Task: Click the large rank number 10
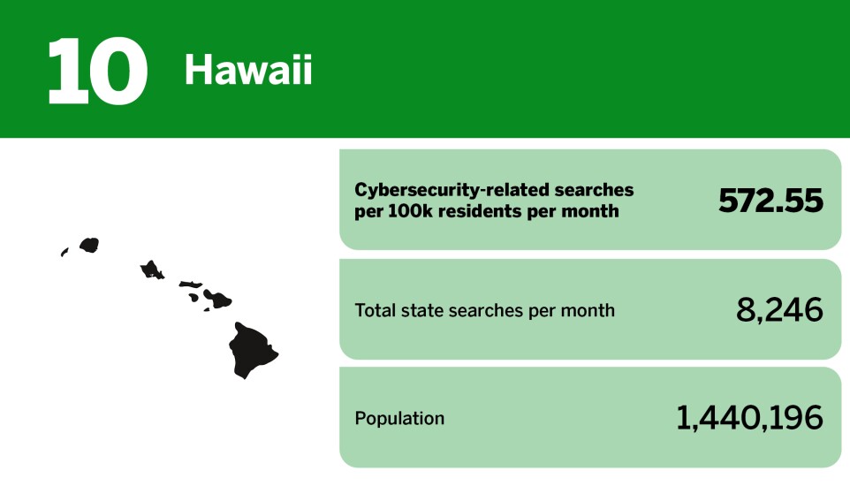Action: [x=97, y=71]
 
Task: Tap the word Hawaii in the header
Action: [x=248, y=70]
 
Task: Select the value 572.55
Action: [x=770, y=201]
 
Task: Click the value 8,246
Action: [x=779, y=310]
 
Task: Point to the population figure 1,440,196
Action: [x=749, y=418]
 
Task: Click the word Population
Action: [x=399, y=418]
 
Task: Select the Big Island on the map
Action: [x=251, y=349]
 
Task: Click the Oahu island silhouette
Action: [x=152, y=270]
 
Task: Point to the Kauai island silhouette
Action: [x=89, y=245]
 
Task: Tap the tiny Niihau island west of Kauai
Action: [x=65, y=252]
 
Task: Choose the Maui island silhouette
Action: [x=218, y=299]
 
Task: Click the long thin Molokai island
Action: [x=190, y=284]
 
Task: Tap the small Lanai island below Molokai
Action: [x=194, y=297]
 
